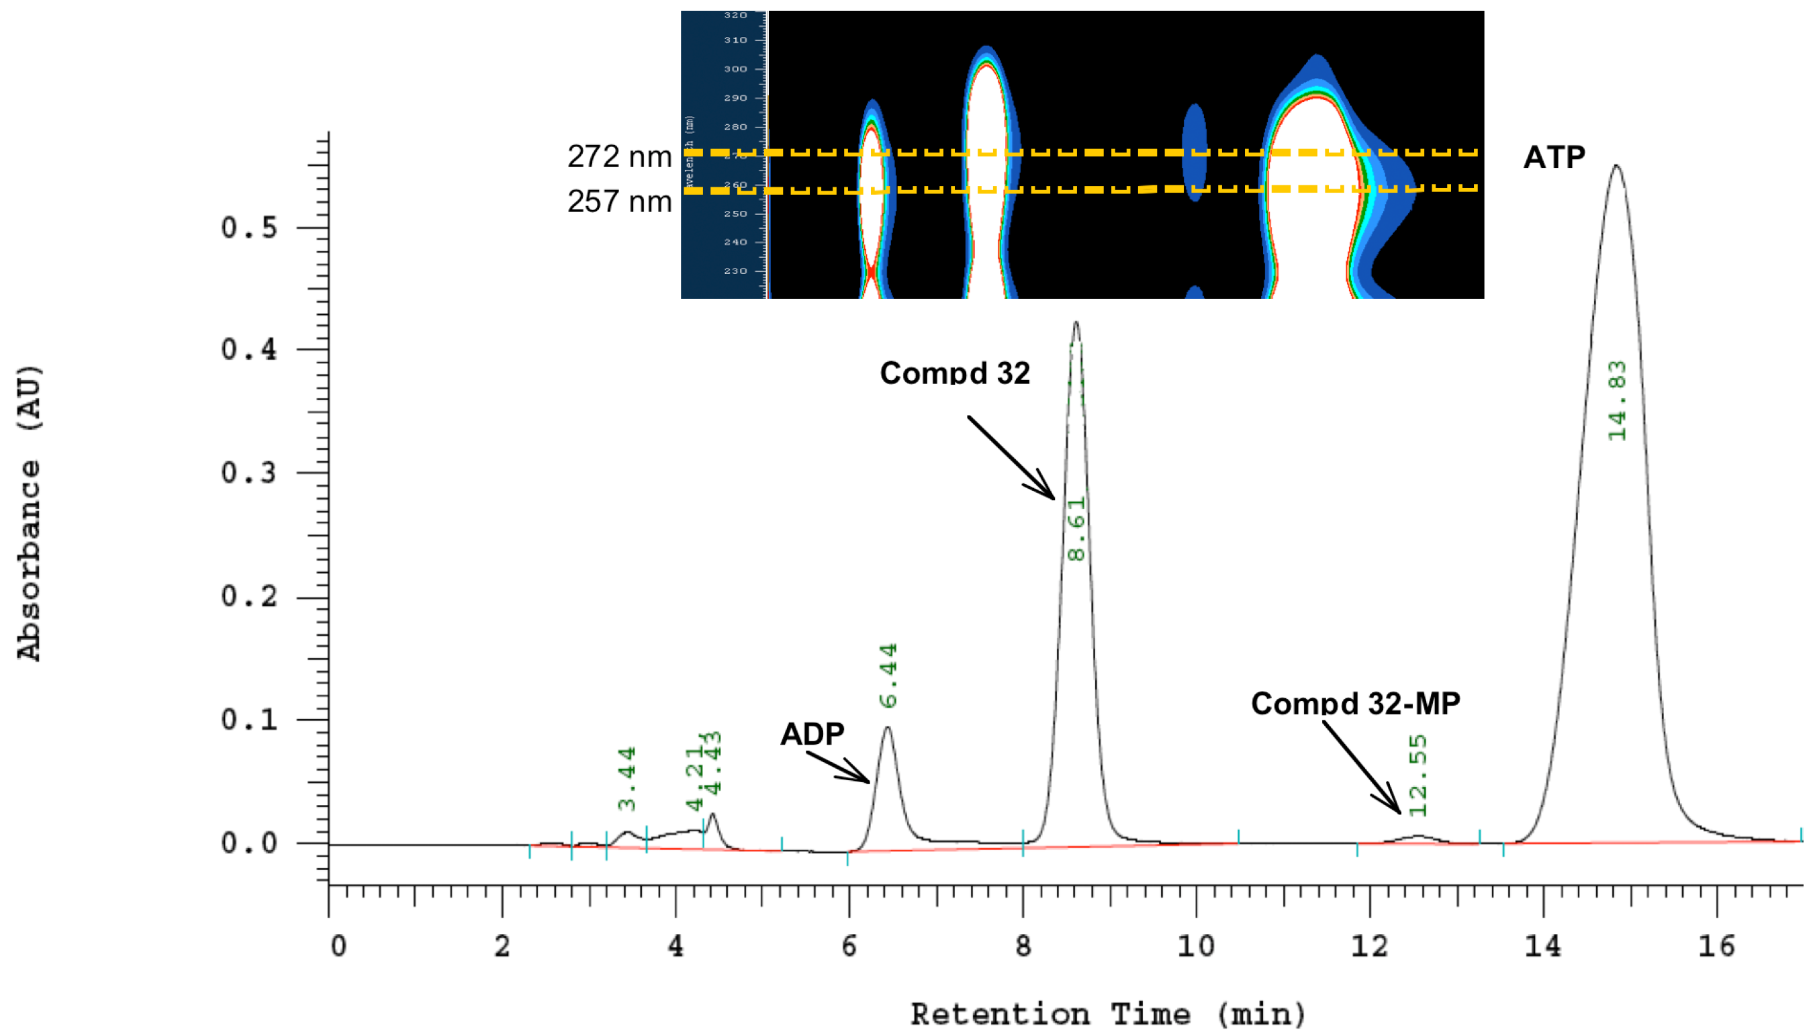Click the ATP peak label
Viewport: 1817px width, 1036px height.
[1554, 157]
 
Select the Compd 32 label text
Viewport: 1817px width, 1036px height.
[955, 373]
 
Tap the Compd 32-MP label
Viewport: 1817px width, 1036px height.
[1355, 703]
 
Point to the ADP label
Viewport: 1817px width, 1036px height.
[812, 734]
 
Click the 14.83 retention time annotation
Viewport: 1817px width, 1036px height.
[1617, 401]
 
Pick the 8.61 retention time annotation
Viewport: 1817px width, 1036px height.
[1076, 528]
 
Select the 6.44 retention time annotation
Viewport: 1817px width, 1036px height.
[888, 675]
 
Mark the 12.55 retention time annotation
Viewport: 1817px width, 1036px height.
[1418, 775]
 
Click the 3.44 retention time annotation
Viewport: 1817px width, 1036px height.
[626, 778]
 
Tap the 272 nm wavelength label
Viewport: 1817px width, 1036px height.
[619, 156]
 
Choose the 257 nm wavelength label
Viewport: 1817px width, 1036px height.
[619, 201]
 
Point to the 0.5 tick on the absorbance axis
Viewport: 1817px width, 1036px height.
[249, 228]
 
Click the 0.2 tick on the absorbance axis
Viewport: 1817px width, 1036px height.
[249, 596]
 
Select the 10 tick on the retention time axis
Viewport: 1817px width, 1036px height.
[1196, 946]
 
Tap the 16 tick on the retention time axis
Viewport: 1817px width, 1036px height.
[1717, 946]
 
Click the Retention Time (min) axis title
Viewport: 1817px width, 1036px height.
[1109, 1014]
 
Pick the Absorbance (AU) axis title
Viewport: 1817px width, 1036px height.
[29, 513]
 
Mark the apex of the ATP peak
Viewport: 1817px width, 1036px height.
[1616, 166]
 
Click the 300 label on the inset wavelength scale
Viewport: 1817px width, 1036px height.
[736, 69]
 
